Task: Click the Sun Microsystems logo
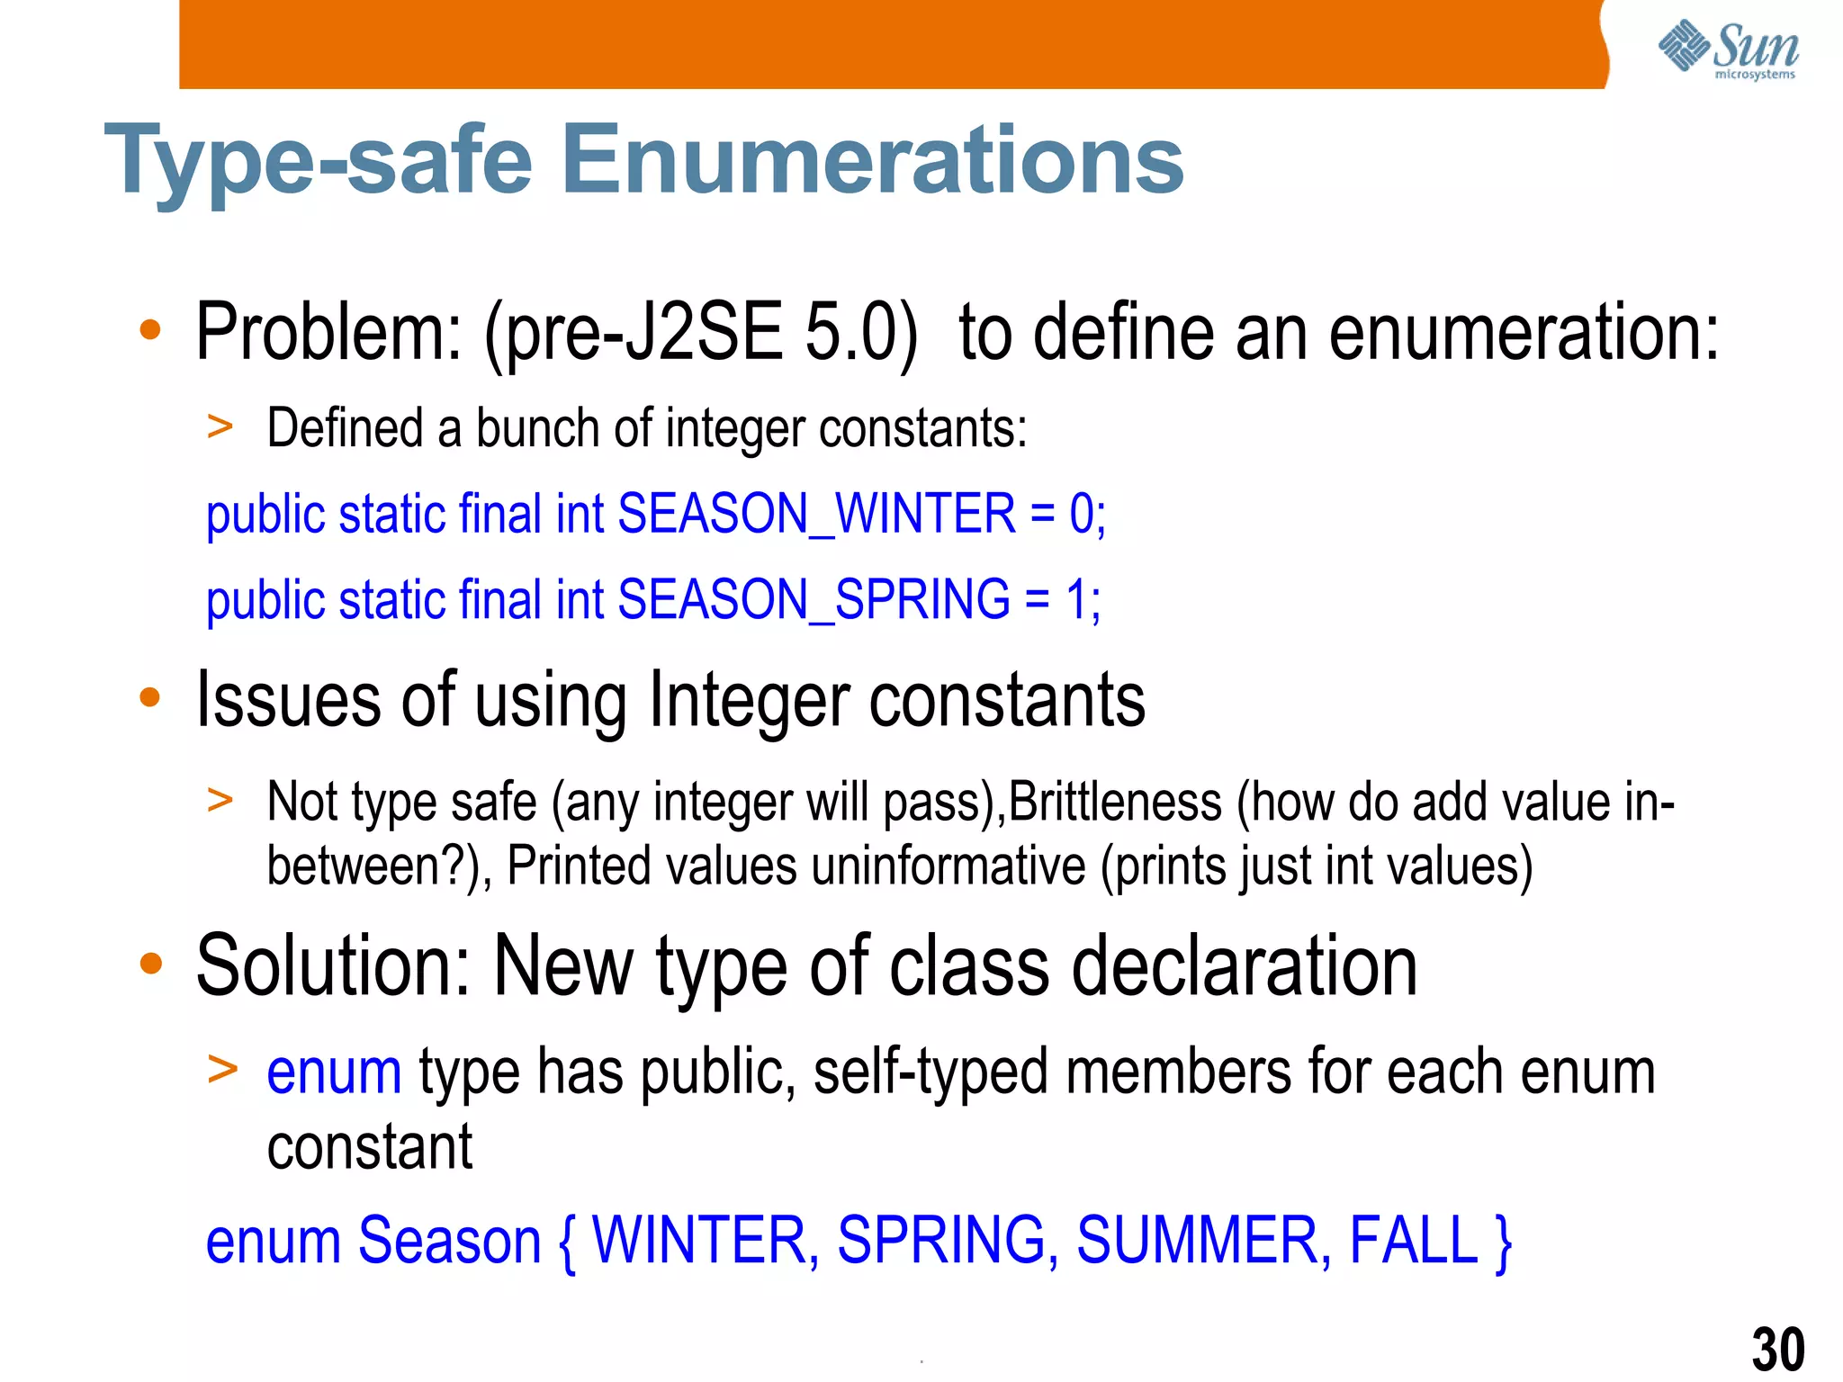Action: (1728, 49)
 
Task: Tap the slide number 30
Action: (1777, 1349)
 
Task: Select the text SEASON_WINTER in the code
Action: (816, 515)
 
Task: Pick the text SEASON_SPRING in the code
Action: (814, 600)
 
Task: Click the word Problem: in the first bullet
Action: (328, 333)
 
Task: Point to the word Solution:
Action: (333, 966)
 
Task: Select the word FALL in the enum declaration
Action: (1414, 1241)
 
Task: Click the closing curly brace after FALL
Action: (1502, 1243)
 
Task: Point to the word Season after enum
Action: (449, 1241)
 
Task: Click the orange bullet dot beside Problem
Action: (150, 330)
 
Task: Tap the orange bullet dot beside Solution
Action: (150, 964)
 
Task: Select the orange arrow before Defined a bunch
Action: (220, 426)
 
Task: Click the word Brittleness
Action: (1115, 802)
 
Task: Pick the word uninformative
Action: (948, 866)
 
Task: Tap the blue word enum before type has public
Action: (334, 1072)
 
